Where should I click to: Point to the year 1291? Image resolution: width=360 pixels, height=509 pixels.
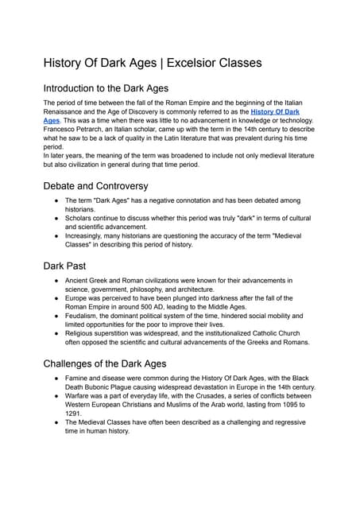coord(74,413)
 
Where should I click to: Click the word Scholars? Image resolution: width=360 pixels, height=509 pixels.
coord(83,215)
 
